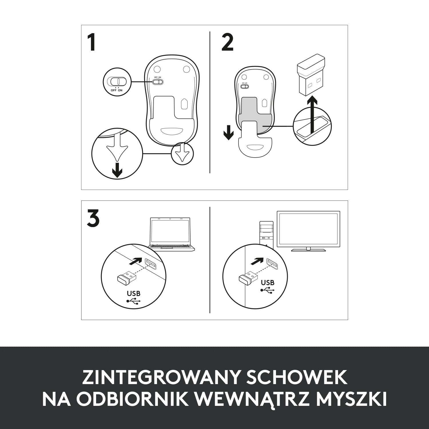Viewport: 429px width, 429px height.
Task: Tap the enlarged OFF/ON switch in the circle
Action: (117, 81)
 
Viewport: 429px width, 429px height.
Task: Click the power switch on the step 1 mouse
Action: (158, 82)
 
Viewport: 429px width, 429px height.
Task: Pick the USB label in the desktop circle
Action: (267, 283)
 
